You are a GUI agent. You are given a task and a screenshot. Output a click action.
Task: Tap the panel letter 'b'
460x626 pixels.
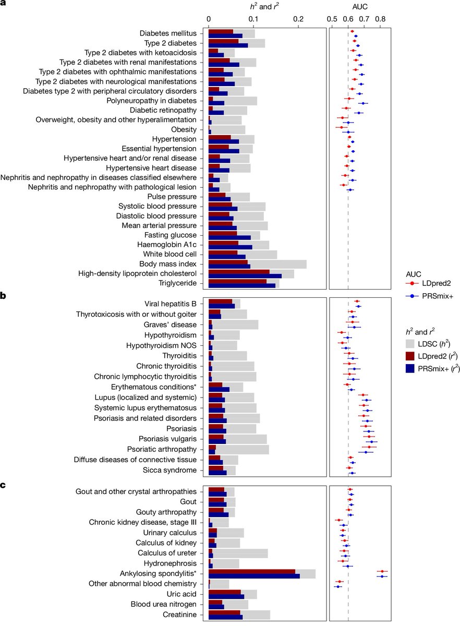[x=4, y=295]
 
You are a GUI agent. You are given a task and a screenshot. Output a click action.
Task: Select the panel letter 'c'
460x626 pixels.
[x=4, y=484]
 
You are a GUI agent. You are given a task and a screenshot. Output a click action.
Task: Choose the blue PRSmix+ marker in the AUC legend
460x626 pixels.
[x=413, y=296]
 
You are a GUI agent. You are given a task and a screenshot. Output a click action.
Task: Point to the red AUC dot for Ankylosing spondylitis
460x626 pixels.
[x=382, y=572]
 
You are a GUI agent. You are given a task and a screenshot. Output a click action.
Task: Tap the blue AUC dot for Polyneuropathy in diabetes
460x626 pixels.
[x=364, y=103]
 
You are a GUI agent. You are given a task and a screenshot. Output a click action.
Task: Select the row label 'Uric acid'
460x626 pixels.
[x=180, y=595]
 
